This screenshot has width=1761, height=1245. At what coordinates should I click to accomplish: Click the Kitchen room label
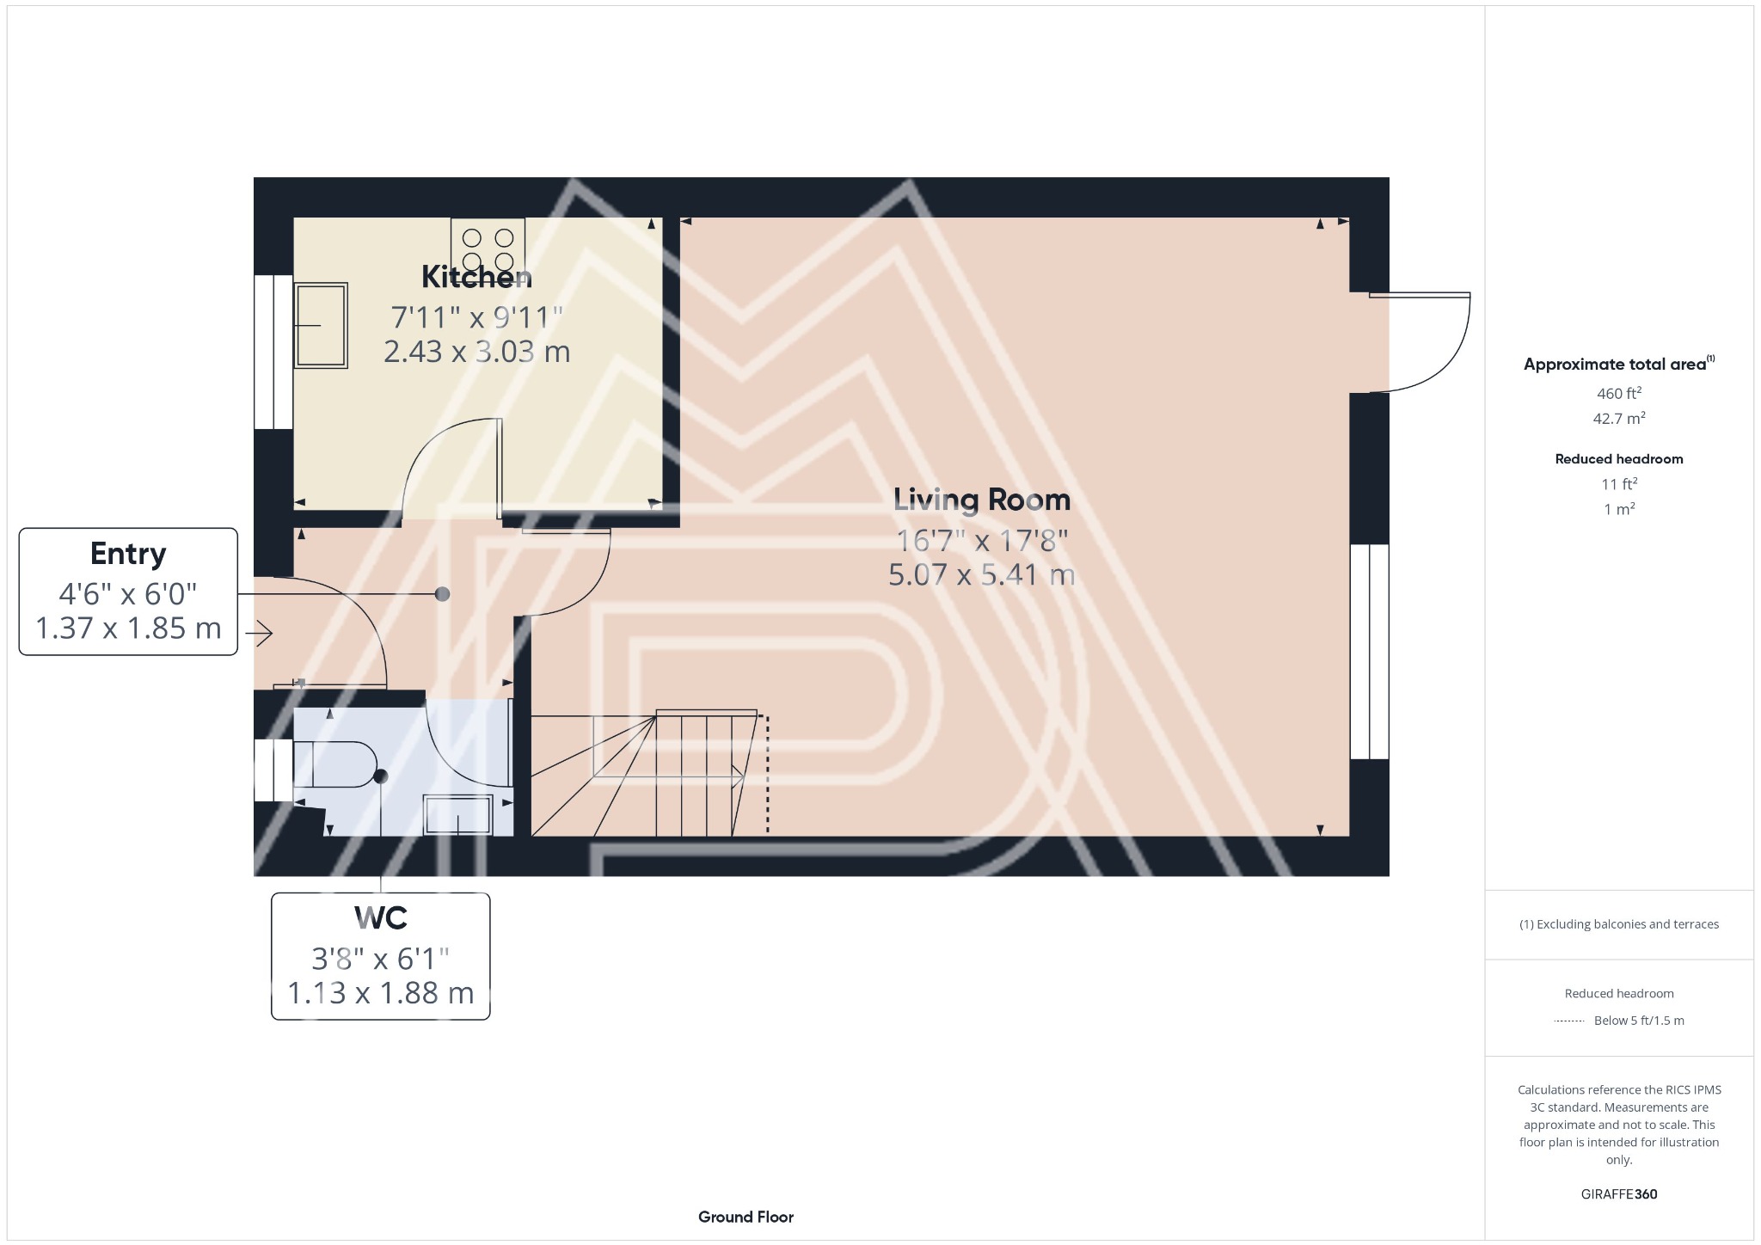click(476, 277)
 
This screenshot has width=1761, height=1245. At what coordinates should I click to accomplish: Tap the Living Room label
click(981, 500)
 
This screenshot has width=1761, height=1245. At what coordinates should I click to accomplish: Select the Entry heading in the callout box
click(128, 554)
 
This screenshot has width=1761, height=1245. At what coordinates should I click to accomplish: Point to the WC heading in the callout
click(380, 918)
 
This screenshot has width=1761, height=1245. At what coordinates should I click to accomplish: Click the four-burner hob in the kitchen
click(488, 247)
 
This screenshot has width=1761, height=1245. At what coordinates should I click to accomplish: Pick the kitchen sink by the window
click(321, 325)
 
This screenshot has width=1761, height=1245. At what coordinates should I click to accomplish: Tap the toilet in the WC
click(337, 764)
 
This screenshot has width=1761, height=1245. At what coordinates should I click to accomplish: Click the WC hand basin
click(458, 814)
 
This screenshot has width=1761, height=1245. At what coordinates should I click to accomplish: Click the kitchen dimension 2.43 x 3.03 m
click(476, 352)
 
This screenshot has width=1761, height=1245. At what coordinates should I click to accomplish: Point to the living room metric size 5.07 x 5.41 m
click(981, 574)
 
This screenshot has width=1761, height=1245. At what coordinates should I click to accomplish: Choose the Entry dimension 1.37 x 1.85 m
click(128, 629)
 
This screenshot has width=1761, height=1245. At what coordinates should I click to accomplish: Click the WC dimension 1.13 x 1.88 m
click(380, 993)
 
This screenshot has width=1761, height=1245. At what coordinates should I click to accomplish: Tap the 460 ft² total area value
click(1618, 394)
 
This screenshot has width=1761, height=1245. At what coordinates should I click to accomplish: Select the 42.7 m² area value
click(1618, 419)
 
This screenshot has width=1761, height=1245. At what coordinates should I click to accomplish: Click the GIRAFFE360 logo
click(1618, 1193)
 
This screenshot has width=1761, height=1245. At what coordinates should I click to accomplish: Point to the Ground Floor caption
click(746, 1217)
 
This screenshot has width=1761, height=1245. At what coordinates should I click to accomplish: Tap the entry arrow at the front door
click(260, 635)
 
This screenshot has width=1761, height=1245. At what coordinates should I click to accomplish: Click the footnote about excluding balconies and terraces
click(1618, 924)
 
